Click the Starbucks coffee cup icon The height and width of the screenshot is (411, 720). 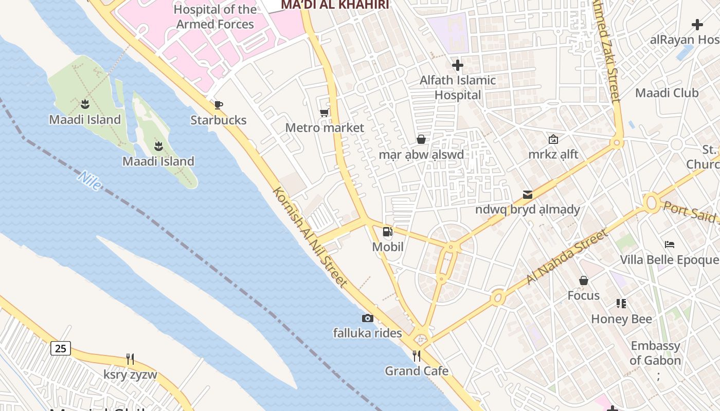[219, 105]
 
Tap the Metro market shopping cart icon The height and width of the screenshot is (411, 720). [325, 113]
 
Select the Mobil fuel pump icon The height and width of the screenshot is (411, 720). [388, 232]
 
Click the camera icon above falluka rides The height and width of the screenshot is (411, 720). [367, 319]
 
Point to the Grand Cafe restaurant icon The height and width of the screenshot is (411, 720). [417, 356]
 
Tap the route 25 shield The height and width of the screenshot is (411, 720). [61, 348]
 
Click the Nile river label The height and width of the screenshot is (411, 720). [89, 181]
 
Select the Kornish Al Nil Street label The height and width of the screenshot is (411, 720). [310, 237]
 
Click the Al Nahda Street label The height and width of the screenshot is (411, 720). [567, 257]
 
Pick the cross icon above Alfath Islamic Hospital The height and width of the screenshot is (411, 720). [457, 65]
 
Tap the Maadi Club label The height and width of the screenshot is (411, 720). [667, 93]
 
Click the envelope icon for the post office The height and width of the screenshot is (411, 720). [528, 195]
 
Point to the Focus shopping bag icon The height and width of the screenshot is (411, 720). [584, 281]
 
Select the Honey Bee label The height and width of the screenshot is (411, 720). [621, 319]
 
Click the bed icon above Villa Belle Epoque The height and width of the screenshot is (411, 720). [669, 245]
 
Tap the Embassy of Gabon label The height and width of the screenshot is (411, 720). [655, 353]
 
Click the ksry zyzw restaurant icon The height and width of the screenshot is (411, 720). [130, 359]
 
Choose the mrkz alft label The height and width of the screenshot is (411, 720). [553, 154]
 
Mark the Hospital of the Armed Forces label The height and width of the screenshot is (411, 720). [215, 17]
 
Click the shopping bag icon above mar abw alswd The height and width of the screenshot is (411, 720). [421, 139]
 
